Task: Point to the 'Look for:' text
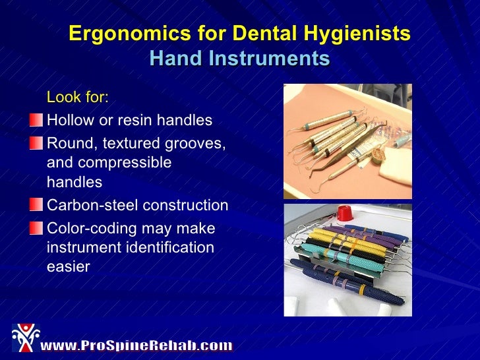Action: (78, 98)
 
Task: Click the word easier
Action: (68, 268)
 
